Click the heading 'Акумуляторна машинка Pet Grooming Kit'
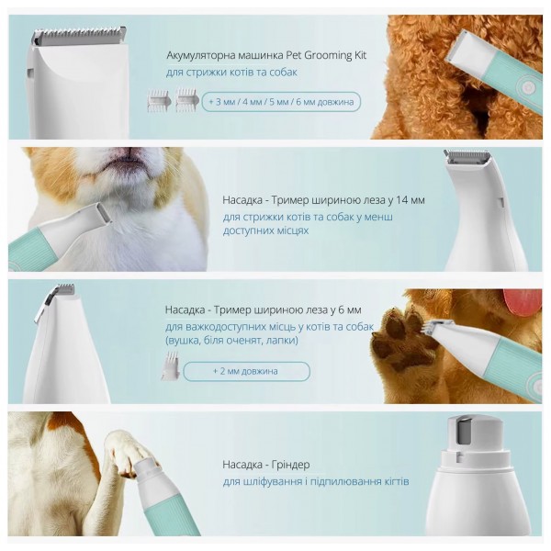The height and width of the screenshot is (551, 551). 266,55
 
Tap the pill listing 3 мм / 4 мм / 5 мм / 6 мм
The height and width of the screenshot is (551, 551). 281,102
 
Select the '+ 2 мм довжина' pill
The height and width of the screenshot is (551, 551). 246,371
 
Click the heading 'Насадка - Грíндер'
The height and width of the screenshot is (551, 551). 266,465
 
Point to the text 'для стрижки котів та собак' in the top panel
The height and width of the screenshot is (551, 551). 232,73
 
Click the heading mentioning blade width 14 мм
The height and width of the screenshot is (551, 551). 323,200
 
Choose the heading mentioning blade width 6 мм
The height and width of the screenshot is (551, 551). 264,310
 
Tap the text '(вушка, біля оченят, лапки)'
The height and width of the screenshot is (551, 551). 231,341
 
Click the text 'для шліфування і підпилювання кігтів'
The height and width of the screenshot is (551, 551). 316,481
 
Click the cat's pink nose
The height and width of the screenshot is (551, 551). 129,152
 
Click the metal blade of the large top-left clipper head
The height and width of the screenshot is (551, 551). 79,36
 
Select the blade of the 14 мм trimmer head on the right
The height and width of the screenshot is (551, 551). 467,156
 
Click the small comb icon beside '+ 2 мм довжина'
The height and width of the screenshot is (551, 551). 171,366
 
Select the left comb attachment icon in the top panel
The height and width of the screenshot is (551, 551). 159,101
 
